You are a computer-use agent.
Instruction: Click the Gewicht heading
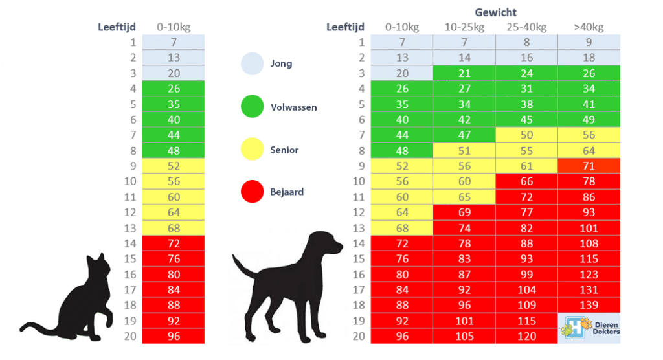[x=495, y=12]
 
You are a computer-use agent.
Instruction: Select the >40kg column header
[x=589, y=27]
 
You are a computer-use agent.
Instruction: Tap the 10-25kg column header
[x=464, y=27]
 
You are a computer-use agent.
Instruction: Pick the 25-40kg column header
[x=526, y=27]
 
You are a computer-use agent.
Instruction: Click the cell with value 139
[x=589, y=305]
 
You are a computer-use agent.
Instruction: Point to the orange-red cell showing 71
[x=589, y=166]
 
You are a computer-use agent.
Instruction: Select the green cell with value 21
[x=464, y=73]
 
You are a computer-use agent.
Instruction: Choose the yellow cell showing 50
[x=526, y=135]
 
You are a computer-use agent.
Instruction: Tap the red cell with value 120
[x=526, y=336]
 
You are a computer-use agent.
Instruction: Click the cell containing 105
[x=464, y=336]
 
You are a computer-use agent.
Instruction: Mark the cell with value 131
[x=589, y=290]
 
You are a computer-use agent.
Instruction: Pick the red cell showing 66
[x=526, y=181]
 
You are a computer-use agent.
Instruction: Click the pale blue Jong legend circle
[x=253, y=63]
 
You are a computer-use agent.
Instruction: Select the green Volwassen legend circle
[x=253, y=106]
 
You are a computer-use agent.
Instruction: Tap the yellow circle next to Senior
[x=253, y=149]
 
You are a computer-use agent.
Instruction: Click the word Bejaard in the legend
[x=287, y=192]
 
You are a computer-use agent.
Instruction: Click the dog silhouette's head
[x=326, y=243]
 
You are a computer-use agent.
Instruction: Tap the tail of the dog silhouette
[x=244, y=267]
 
